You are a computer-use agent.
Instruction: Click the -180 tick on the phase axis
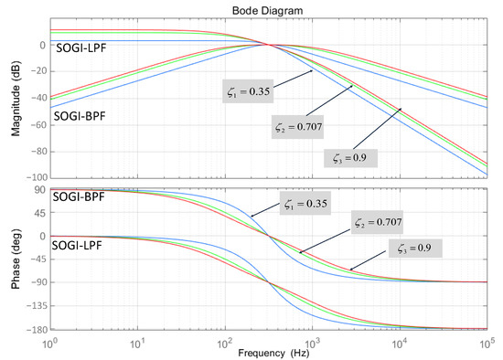[x=33, y=329]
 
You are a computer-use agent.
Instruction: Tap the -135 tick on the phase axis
[x=33, y=305]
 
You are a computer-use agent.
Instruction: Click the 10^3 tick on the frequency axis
[x=314, y=340]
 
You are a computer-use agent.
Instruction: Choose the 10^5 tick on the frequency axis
[x=487, y=340]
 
